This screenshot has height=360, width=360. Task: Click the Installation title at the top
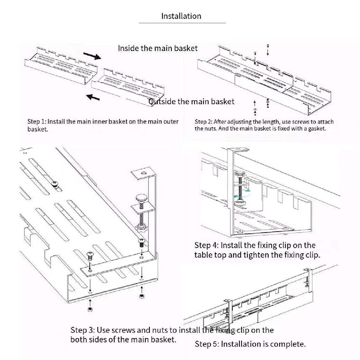[181, 16]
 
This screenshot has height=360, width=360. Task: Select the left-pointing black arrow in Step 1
[94, 96]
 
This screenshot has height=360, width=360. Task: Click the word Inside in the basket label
[129, 48]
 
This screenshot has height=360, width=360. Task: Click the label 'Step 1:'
[36, 121]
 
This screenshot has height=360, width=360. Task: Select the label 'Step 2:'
[204, 121]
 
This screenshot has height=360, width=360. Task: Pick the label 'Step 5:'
[207, 344]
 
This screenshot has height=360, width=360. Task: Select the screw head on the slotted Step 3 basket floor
[54, 183]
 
